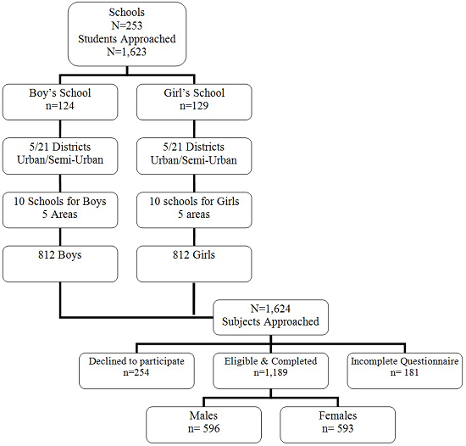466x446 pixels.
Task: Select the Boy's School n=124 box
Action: pyautogui.click(x=59, y=103)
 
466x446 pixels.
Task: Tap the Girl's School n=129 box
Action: pyautogui.click(x=193, y=103)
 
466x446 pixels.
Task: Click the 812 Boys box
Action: pyautogui.click(x=59, y=264)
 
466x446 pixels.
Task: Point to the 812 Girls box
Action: pyautogui.click(x=193, y=264)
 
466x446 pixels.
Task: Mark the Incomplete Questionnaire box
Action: pyautogui.click(x=405, y=366)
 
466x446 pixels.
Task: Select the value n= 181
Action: pyautogui.click(x=405, y=372)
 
